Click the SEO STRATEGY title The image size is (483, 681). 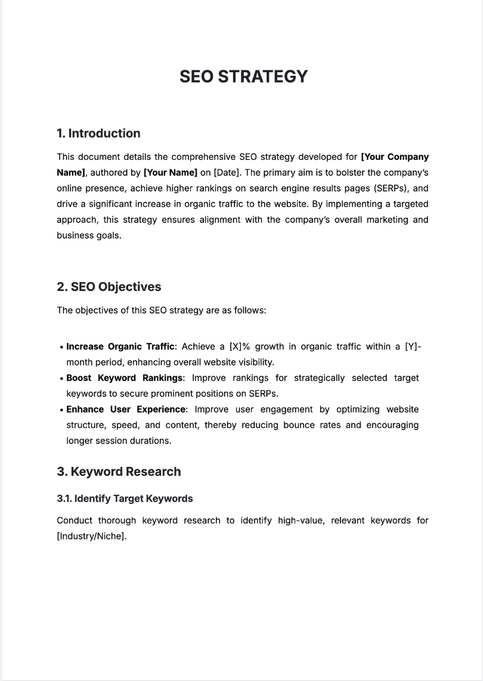click(243, 77)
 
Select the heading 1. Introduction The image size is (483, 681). click(98, 134)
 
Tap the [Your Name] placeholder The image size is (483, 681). click(170, 173)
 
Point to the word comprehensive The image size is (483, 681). click(203, 157)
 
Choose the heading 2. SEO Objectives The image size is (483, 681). click(109, 287)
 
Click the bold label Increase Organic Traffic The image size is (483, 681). click(120, 346)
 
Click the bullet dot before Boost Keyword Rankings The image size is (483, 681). click(62, 379)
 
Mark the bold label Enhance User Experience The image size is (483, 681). click(126, 410)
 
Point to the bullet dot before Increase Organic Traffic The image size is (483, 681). click(62, 347)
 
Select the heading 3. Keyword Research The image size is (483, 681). click(119, 472)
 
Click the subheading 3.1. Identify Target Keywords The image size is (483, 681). click(125, 499)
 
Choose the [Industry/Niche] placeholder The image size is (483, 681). click(91, 536)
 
